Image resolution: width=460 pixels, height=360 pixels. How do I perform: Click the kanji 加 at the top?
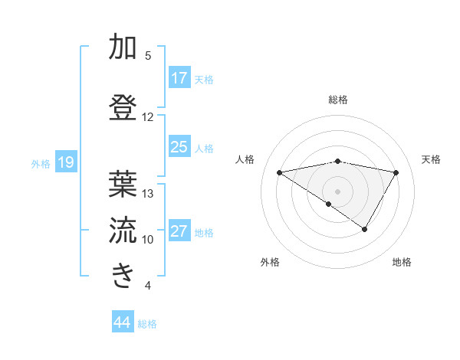click(123, 48)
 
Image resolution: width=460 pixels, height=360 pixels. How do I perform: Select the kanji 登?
click(123, 106)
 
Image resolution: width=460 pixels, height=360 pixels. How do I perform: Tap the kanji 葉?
click(123, 183)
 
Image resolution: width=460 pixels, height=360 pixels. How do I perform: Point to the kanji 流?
click(123, 229)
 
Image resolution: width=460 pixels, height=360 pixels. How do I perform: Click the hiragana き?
click(123, 275)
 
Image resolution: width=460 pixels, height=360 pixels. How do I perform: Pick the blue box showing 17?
click(179, 78)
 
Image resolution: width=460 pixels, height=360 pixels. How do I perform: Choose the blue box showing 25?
click(179, 147)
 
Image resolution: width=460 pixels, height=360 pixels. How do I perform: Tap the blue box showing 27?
click(179, 231)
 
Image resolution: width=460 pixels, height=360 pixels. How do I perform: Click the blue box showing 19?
click(65, 162)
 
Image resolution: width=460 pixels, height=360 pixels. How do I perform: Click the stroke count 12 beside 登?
click(147, 117)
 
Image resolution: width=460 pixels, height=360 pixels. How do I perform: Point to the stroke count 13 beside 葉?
click(148, 194)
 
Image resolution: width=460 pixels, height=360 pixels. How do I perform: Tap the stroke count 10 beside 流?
click(148, 240)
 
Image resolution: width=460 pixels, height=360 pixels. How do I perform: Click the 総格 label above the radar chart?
click(338, 100)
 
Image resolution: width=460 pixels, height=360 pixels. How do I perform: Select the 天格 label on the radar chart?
click(431, 159)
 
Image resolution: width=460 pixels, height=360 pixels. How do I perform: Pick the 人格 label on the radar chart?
click(245, 159)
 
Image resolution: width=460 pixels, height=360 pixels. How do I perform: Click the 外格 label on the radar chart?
click(270, 262)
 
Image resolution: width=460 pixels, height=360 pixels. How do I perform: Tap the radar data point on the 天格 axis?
click(396, 172)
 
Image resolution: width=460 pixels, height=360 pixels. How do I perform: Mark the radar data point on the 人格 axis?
click(279, 172)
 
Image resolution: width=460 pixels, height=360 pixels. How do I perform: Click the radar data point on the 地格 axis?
click(365, 229)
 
